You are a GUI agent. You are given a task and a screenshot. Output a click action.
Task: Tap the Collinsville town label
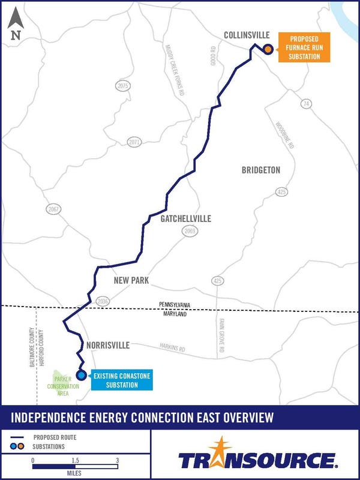pyautogui.click(x=247, y=35)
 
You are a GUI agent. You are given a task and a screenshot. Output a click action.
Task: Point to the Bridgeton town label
pyautogui.click(x=261, y=170)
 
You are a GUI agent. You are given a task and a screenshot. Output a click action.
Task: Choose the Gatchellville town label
pyautogui.click(x=185, y=219)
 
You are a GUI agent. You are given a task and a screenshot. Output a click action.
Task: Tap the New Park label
pyautogui.click(x=131, y=280)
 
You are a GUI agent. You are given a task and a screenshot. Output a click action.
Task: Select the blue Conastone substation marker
pyautogui.click(x=82, y=376)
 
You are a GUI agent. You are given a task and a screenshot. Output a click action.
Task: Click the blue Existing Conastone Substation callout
pyautogui.click(x=121, y=380)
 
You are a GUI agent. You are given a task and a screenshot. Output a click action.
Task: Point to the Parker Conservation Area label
pyautogui.click(x=63, y=386)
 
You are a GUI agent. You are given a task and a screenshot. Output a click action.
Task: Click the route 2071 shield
pyautogui.click(x=134, y=142)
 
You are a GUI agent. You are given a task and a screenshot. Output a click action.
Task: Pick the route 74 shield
pyautogui.click(x=307, y=104)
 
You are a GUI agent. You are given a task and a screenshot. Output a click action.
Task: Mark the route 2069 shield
pyautogui.click(x=190, y=231)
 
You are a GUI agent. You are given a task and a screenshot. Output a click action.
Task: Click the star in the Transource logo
pyautogui.click(x=225, y=447)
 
